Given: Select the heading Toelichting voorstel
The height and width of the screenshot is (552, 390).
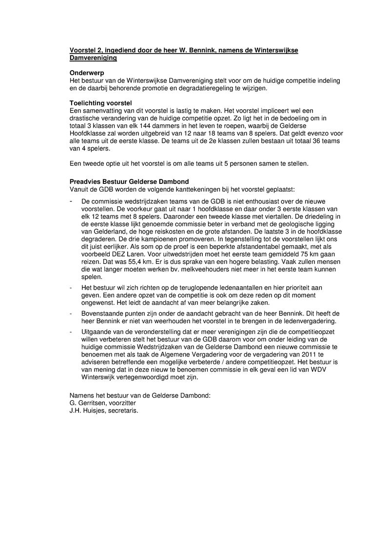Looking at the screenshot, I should [x=98, y=103].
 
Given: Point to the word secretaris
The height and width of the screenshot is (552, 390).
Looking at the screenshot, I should [x=125, y=411].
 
